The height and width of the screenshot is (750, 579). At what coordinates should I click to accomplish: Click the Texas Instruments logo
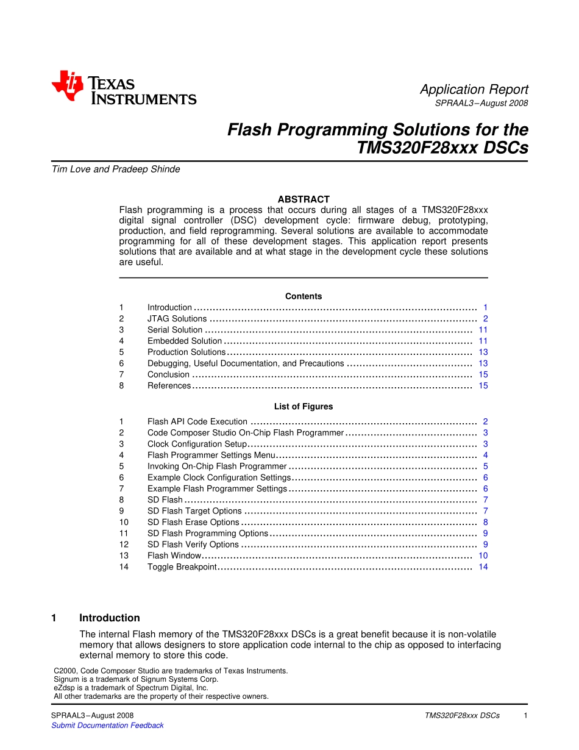[x=124, y=88]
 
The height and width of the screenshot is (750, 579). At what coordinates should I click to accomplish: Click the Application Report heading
[x=474, y=90]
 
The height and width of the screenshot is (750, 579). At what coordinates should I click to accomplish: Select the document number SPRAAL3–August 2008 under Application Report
[x=481, y=104]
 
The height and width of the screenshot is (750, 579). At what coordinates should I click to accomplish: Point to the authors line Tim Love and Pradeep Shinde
[x=116, y=170]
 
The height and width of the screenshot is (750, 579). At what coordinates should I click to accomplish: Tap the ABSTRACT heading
[x=304, y=199]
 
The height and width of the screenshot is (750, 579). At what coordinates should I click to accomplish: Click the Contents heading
[x=304, y=296]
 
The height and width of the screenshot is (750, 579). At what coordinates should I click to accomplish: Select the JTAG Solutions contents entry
[x=177, y=319]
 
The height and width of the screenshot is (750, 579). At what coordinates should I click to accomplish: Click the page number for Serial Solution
[x=483, y=330]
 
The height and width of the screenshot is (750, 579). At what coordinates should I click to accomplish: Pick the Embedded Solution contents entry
[x=185, y=341]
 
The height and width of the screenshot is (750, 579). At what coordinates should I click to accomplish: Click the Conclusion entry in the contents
[x=168, y=375]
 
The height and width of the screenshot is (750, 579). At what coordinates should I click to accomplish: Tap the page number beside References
[x=483, y=386]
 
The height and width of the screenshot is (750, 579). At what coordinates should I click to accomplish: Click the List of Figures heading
[x=304, y=407]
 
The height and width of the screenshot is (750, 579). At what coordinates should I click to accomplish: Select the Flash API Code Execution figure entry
[x=197, y=422]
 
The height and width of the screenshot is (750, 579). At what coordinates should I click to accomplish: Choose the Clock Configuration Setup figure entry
[x=197, y=445]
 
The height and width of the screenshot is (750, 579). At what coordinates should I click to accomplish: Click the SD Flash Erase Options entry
[x=193, y=523]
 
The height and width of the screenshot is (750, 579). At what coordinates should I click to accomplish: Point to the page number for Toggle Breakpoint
[x=483, y=567]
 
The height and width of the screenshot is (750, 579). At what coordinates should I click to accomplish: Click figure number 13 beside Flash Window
[x=124, y=556]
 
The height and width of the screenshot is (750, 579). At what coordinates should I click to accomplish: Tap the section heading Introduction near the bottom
[x=110, y=618]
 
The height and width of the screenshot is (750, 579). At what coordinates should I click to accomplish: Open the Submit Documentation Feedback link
[x=107, y=726]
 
